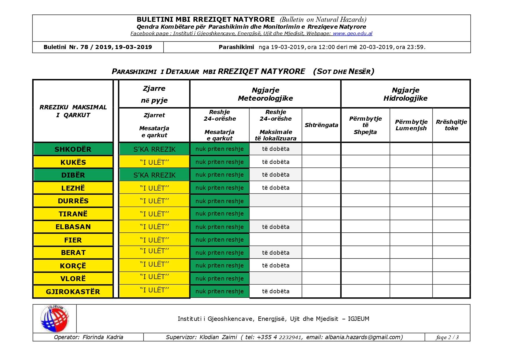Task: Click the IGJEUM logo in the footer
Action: coord(55,319)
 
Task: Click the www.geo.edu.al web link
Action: coord(352,33)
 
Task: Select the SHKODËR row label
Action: coord(73,149)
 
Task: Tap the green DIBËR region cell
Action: coord(73,175)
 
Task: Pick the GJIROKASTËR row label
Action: coord(73,292)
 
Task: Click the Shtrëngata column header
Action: coord(321,125)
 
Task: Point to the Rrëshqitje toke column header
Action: coord(451,125)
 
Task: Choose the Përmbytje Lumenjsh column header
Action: coord(411,125)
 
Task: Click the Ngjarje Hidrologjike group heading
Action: coord(405,94)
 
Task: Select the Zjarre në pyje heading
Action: coord(154,94)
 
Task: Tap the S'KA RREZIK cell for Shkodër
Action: coord(154,149)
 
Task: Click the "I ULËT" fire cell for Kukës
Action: coord(154,162)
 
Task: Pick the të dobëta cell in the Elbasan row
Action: coord(276,227)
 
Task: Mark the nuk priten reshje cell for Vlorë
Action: coord(220,278)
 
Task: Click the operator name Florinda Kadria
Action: coord(103,337)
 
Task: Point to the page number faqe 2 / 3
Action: coord(447,337)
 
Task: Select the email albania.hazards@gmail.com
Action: coord(364,337)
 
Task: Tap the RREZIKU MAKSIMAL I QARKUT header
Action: coord(73,111)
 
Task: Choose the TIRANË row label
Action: coord(73,214)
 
